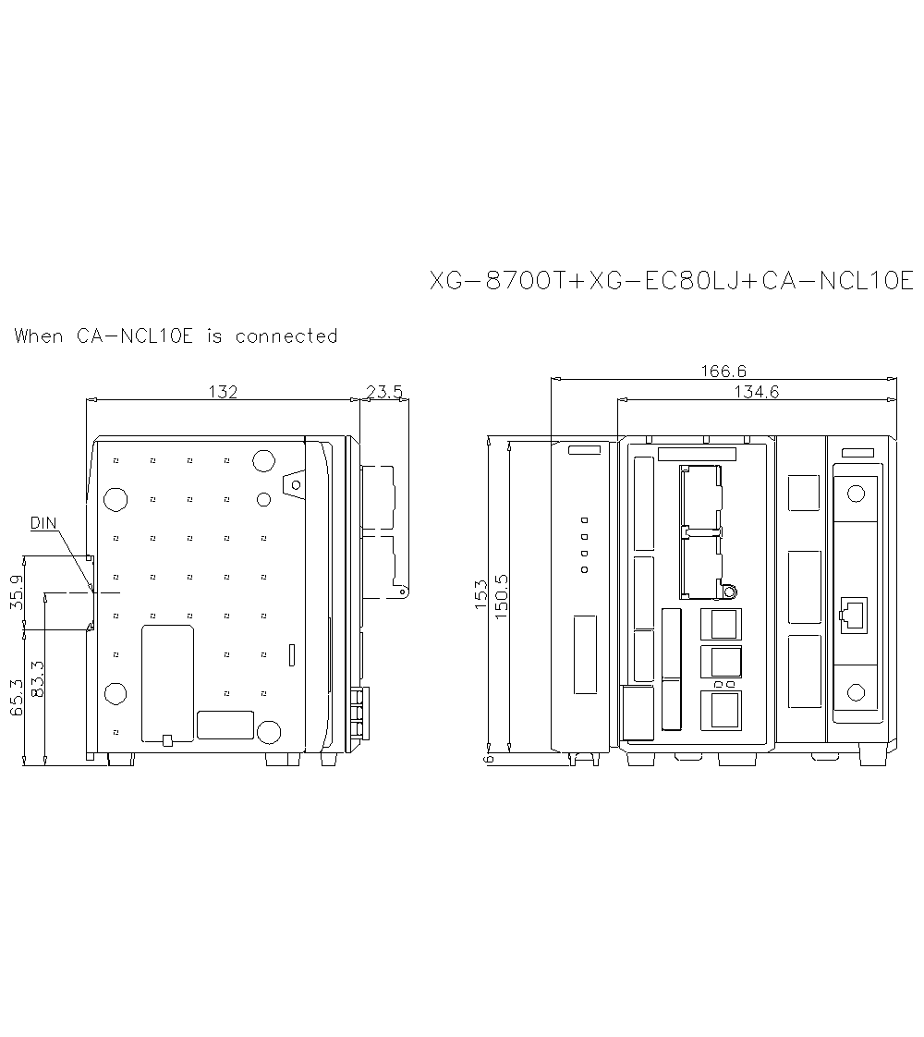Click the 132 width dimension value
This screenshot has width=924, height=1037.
pyautogui.click(x=223, y=392)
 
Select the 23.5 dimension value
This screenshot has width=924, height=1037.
pyautogui.click(x=384, y=392)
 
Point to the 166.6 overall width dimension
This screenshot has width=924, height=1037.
pyautogui.click(x=723, y=372)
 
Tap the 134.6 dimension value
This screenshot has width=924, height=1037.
pyautogui.click(x=757, y=392)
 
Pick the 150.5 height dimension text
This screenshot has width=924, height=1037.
pyautogui.click(x=502, y=598)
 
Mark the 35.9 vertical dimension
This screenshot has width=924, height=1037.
pyautogui.click(x=17, y=592)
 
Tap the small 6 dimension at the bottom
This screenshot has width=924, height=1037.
pyautogui.click(x=489, y=759)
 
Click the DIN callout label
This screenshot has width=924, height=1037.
pyautogui.click(x=43, y=523)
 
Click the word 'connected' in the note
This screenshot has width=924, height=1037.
pyautogui.click(x=286, y=336)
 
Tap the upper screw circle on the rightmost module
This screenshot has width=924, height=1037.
pyautogui.click(x=856, y=493)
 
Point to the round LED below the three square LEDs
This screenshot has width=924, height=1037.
pyautogui.click(x=584, y=570)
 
